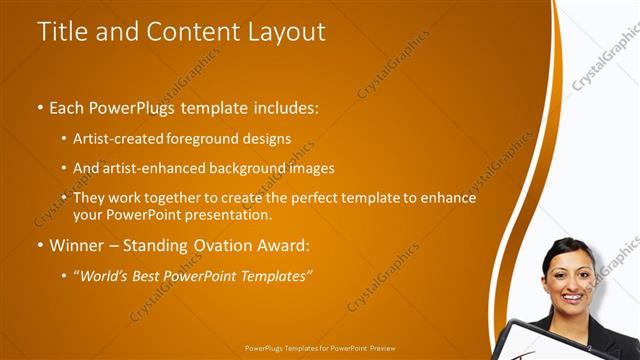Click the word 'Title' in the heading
[59, 32]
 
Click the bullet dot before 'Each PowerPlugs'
[39, 106]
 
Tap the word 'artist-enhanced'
[155, 168]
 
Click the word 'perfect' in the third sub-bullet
[311, 198]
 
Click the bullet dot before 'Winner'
[39, 244]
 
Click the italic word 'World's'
[103, 276]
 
